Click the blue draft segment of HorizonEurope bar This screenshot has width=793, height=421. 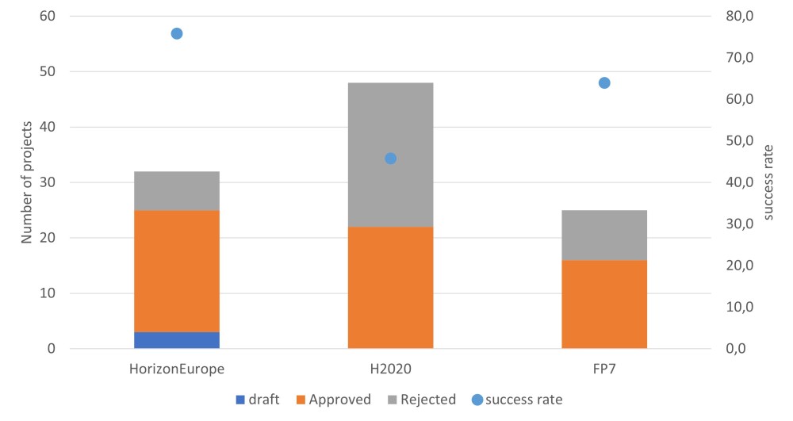point(177,340)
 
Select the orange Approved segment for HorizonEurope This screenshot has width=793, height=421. point(177,271)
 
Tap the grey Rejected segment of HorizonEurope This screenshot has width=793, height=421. point(177,190)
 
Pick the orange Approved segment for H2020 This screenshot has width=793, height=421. point(390,288)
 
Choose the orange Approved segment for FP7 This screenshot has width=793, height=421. point(604,304)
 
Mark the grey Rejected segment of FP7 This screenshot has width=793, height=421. point(604,235)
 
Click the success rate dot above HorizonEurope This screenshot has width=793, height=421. point(177,33)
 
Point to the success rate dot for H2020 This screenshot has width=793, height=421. point(390,159)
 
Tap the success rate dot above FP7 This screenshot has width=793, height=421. point(604,83)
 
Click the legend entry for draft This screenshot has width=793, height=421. point(258,400)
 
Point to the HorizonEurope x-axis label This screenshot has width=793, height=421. point(176,369)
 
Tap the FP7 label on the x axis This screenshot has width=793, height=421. point(604,369)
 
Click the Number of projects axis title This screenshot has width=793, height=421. point(27,182)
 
